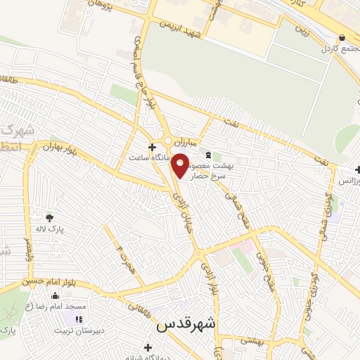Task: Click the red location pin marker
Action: pyautogui.click(x=180, y=166)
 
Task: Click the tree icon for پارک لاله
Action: pyautogui.click(x=49, y=217)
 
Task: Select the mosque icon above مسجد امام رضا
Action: pyautogui.click(x=55, y=295)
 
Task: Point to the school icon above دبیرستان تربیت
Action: pyautogui.click(x=78, y=320)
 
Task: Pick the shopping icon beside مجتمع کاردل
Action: pyautogui.click(x=342, y=39)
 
